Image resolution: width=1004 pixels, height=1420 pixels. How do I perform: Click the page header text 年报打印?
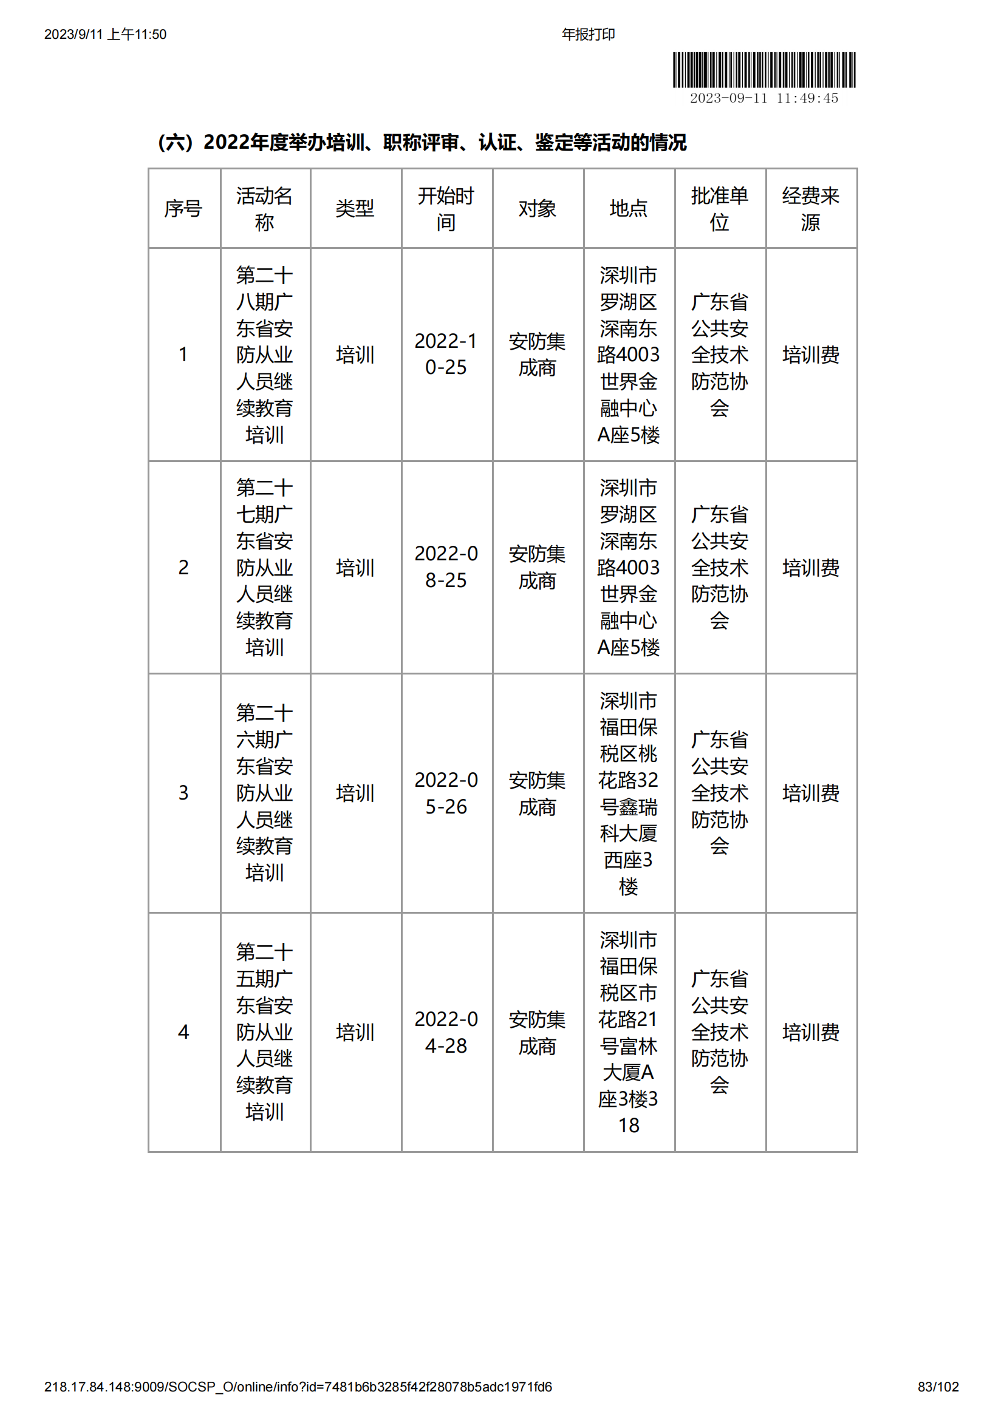pyautogui.click(x=588, y=35)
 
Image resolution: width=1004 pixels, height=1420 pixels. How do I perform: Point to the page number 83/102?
pyautogui.click(x=938, y=1387)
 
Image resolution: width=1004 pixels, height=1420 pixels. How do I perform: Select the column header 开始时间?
pyautogui.click(x=446, y=209)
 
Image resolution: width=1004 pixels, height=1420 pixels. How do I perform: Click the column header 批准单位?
pyautogui.click(x=719, y=209)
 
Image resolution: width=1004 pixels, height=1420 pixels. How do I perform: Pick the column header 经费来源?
pyautogui.click(x=810, y=209)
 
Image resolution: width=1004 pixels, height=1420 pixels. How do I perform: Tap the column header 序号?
pyautogui.click(x=183, y=209)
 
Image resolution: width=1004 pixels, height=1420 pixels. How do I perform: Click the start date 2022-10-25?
pyautogui.click(x=446, y=355)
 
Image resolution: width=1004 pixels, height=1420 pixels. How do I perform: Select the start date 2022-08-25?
pyautogui.click(x=446, y=566)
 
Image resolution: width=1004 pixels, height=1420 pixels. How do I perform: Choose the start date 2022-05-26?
pyautogui.click(x=446, y=793)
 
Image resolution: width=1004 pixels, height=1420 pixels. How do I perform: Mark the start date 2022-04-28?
pyautogui.click(x=446, y=1032)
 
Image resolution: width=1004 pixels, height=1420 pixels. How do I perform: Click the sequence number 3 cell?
pyautogui.click(x=183, y=793)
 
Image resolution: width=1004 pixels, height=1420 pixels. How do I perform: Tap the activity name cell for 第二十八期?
pyautogui.click(x=265, y=355)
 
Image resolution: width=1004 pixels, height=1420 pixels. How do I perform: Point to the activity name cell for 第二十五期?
pyautogui.click(x=265, y=1032)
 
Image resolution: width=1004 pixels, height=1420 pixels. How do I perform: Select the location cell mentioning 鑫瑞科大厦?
pyautogui.click(x=629, y=793)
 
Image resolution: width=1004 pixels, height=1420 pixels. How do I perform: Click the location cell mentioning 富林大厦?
pyautogui.click(x=629, y=1032)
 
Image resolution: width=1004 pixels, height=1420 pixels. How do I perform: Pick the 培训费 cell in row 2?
pyautogui.click(x=810, y=567)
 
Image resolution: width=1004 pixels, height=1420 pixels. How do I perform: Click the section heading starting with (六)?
pyautogui.click(x=422, y=143)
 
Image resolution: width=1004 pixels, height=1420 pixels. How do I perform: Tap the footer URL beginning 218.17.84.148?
pyautogui.click(x=298, y=1387)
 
